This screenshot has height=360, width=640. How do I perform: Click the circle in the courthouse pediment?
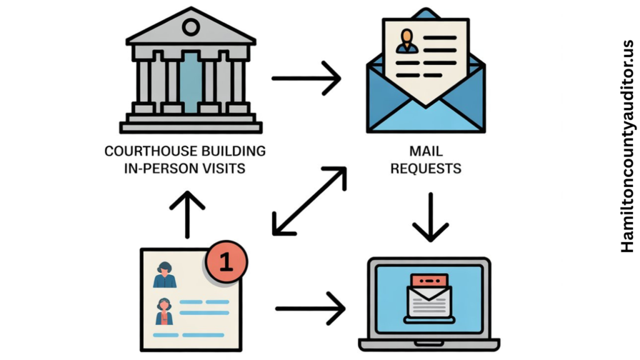click(191, 27)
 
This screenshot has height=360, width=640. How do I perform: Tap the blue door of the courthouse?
click(191, 81)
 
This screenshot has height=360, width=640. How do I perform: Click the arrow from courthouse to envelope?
click(306, 79)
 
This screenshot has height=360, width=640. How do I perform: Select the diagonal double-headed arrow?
click(309, 201)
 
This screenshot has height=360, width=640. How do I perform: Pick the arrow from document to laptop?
click(310, 307)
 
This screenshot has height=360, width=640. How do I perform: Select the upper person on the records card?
click(165, 275)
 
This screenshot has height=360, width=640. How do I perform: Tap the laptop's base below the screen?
click(429, 344)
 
